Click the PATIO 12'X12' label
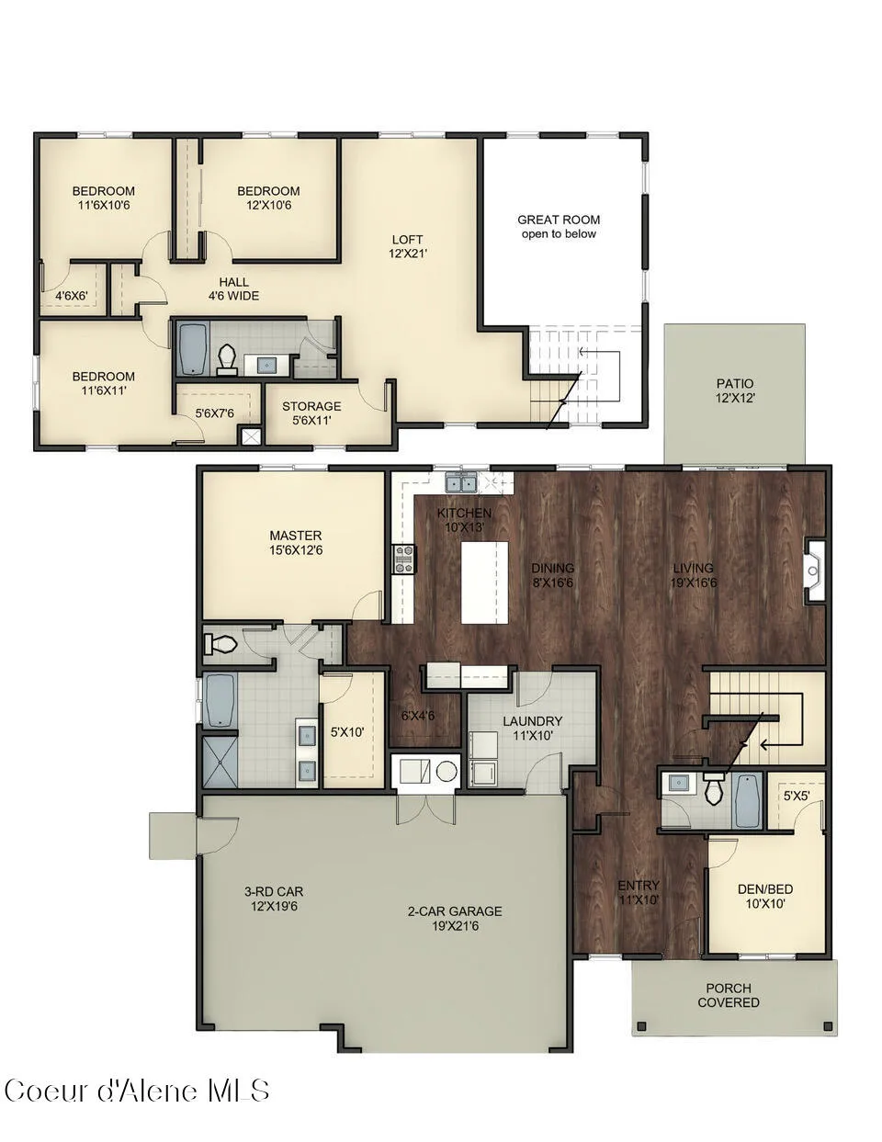735,391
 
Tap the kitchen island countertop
484,582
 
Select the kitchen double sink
460,482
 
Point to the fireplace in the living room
814,571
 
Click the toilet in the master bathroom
220,642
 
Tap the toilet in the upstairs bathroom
226,359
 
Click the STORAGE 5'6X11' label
311,413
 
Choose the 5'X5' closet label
796,797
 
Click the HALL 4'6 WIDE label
234,289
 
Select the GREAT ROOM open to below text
559,227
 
